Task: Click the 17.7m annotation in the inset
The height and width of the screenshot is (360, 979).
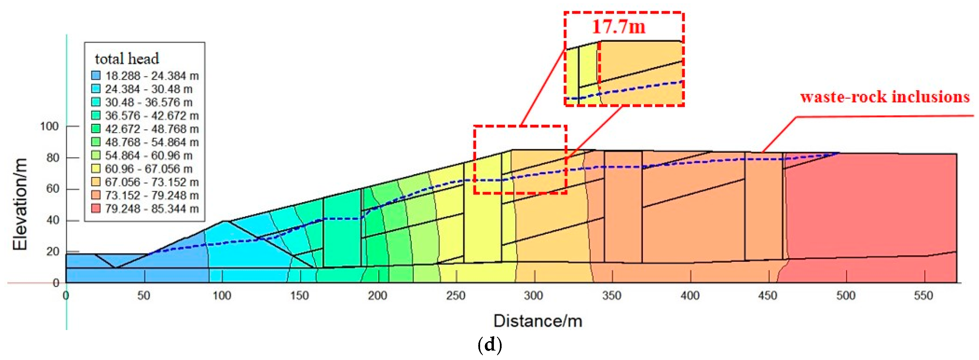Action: click(x=619, y=27)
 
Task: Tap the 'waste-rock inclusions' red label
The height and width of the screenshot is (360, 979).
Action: click(x=885, y=97)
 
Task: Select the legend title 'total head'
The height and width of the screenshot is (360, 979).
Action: click(x=127, y=59)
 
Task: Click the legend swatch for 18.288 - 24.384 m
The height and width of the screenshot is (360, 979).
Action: click(x=96, y=76)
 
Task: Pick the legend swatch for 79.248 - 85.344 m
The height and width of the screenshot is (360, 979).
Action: click(x=96, y=209)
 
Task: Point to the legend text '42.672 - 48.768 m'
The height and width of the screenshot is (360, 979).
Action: click(x=152, y=129)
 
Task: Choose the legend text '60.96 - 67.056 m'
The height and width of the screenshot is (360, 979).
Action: click(x=149, y=169)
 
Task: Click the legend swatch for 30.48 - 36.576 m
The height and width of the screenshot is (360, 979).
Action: click(x=96, y=102)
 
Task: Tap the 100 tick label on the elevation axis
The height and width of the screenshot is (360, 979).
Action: click(x=49, y=126)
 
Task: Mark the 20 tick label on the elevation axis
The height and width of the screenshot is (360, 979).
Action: click(x=53, y=252)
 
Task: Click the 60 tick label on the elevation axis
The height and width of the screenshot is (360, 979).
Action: click(x=53, y=189)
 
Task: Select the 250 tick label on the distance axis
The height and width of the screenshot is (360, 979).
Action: click(x=455, y=296)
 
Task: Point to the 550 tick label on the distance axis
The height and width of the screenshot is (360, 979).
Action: click(x=923, y=296)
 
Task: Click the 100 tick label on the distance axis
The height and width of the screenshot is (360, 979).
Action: click(x=222, y=296)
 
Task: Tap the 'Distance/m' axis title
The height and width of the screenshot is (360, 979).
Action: click(x=538, y=321)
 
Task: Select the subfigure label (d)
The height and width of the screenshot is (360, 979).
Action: click(x=489, y=345)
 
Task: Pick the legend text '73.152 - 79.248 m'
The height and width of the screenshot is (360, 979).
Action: click(x=152, y=195)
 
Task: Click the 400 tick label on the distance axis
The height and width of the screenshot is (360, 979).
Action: click(x=690, y=296)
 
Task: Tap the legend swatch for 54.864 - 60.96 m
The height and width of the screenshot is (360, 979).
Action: click(x=96, y=155)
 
